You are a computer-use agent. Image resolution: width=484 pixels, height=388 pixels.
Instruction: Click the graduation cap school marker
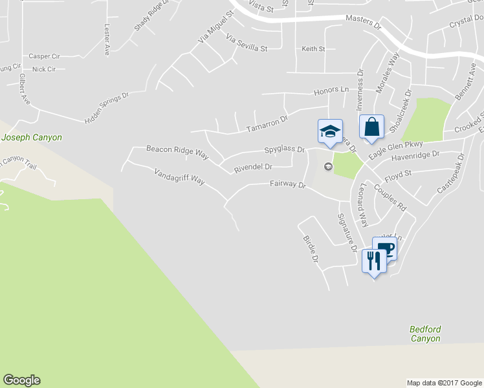coord(329,132)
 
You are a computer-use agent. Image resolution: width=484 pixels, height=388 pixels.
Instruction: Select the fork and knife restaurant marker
coord(373,261)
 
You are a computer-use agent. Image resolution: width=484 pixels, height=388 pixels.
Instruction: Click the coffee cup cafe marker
coord(385,249)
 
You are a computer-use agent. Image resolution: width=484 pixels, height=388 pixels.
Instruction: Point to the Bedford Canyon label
coord(425,334)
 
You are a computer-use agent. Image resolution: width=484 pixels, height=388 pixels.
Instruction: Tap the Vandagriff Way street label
coord(179,177)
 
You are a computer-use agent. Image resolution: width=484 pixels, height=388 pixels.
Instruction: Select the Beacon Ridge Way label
coord(177,153)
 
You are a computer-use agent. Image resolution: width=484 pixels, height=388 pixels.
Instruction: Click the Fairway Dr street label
coord(287,185)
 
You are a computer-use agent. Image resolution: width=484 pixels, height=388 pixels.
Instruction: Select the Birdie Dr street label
coord(311,248)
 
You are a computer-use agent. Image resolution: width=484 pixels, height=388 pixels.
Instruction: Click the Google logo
coord(21,380)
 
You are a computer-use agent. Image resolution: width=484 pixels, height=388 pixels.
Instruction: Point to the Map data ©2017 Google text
coord(444,383)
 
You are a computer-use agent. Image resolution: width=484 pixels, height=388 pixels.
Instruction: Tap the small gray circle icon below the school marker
coord(327,168)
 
